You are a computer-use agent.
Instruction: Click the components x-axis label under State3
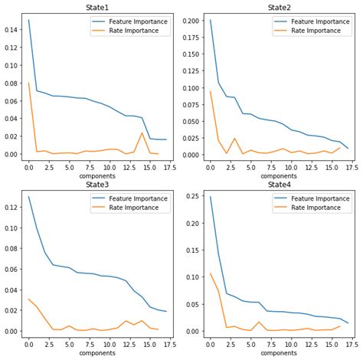click(97, 352)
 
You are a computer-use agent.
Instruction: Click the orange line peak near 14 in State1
click(142, 133)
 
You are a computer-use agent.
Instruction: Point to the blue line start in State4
click(209, 197)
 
